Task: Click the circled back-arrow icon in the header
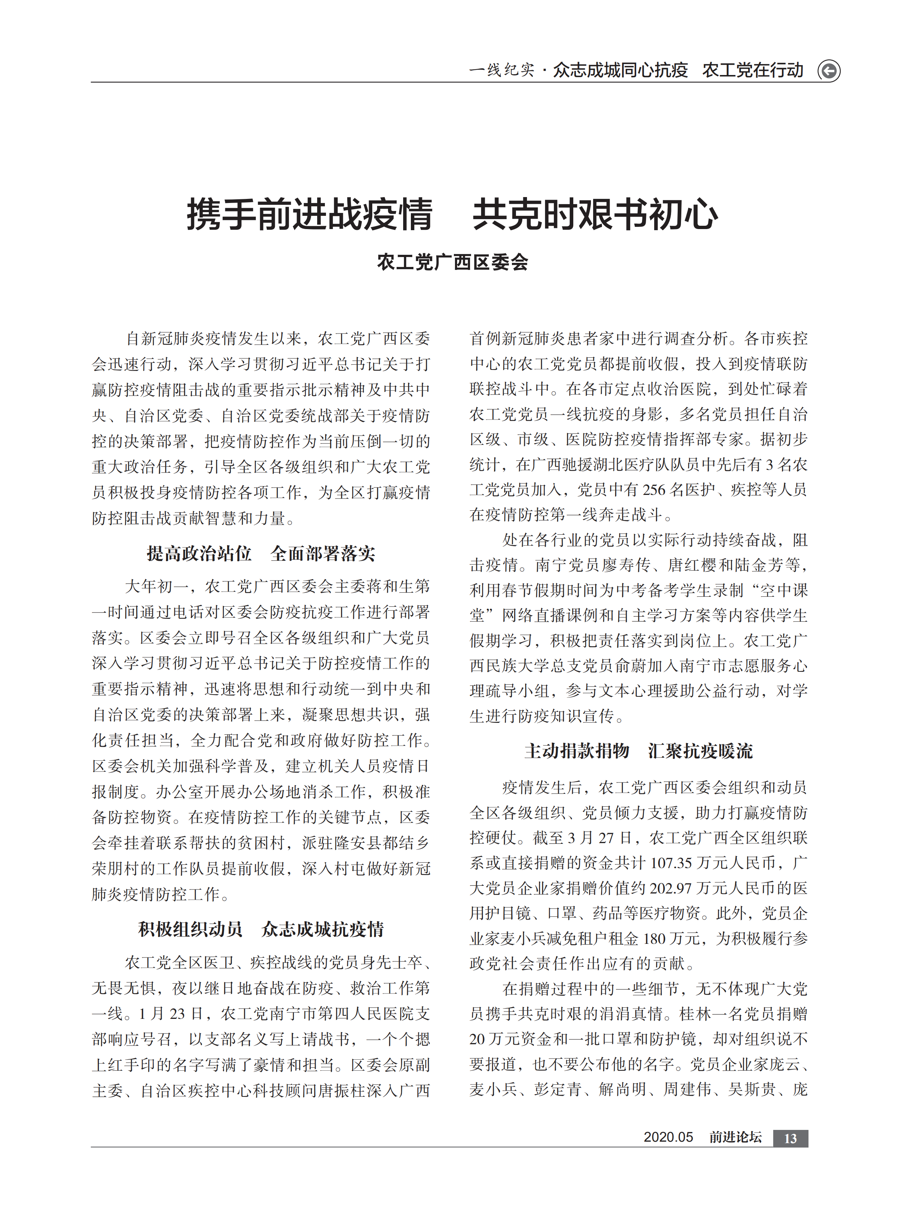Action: pyautogui.click(x=829, y=71)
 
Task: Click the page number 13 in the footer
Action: pyautogui.click(x=790, y=1138)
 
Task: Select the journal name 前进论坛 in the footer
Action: pyautogui.click(x=735, y=1137)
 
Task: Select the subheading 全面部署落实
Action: pyautogui.click(x=323, y=554)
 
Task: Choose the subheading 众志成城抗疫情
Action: pyautogui.click(x=323, y=929)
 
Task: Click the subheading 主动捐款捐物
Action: pyautogui.click(x=577, y=751)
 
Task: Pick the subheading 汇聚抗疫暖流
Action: pyautogui.click(x=700, y=751)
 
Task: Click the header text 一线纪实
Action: pyautogui.click(x=502, y=70)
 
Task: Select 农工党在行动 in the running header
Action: pyautogui.click(x=752, y=70)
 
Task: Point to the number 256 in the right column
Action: pyautogui.click(x=654, y=490)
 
